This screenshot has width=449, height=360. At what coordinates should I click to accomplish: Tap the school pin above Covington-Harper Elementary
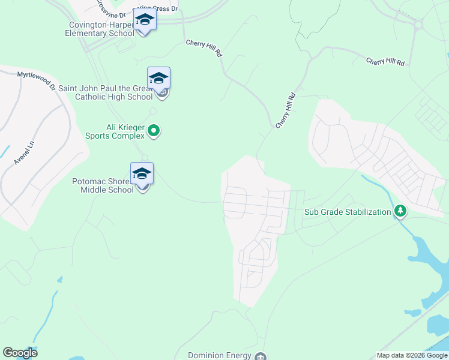(x=144, y=20)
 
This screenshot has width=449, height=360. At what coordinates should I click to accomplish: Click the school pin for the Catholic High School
(x=158, y=79)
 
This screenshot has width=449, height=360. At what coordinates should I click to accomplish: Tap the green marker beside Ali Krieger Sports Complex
(x=154, y=130)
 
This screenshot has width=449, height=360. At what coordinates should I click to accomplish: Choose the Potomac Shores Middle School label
(x=103, y=185)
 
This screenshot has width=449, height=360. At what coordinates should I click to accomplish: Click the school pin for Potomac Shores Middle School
(x=142, y=174)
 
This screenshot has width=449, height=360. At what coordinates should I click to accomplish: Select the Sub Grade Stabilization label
(x=347, y=212)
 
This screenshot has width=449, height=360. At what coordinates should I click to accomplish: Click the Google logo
(x=20, y=353)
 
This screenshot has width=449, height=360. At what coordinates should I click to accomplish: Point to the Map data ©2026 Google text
(x=411, y=355)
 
